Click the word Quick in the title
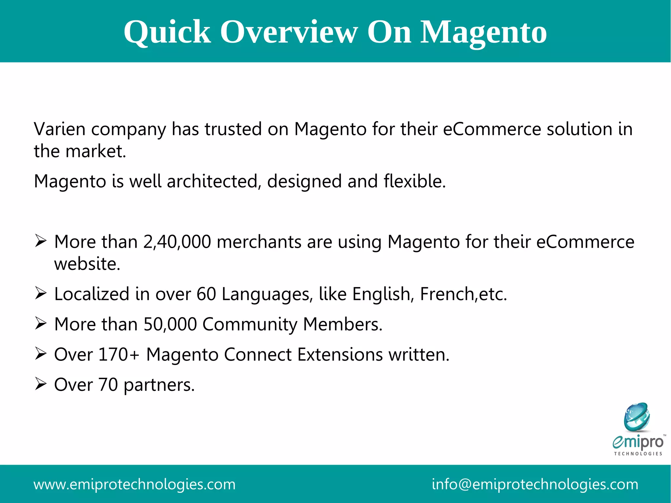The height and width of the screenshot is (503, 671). click(x=167, y=32)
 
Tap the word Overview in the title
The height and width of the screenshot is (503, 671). click(x=289, y=32)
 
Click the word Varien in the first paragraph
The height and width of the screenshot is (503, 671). click(x=60, y=129)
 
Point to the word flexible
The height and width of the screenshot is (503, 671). click(x=414, y=181)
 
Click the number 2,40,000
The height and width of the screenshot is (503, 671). click(x=177, y=242)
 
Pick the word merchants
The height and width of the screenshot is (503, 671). click(x=259, y=242)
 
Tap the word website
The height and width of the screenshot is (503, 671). click(x=87, y=264)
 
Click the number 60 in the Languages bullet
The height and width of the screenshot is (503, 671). click(x=206, y=294)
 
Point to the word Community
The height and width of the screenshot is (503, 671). click(x=250, y=324)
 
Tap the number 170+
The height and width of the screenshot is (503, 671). click(x=119, y=355)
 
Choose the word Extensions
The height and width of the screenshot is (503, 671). click(x=340, y=355)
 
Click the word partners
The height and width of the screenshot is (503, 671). click(x=159, y=385)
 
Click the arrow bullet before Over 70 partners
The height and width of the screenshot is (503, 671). click(x=41, y=384)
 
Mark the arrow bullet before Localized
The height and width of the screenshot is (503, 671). click(x=41, y=293)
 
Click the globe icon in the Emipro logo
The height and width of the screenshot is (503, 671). click(x=637, y=417)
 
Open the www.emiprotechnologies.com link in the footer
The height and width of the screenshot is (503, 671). click(x=135, y=484)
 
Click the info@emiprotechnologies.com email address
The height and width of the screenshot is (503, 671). click(x=535, y=484)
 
